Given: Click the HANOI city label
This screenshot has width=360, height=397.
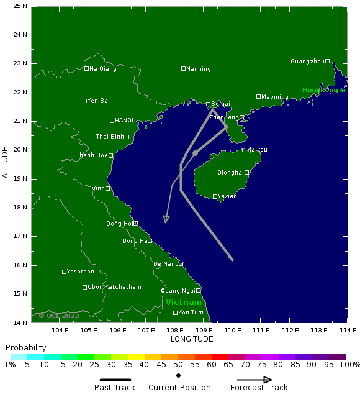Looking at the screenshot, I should [124, 121].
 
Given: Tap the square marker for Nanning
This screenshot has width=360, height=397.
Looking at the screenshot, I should [183, 69].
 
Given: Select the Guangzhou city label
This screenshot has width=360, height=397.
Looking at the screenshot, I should [307, 62].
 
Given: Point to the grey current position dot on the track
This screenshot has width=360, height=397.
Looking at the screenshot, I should [195, 153].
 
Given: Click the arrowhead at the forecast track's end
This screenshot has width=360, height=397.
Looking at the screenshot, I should [166, 219].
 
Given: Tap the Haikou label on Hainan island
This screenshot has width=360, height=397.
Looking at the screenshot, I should [257, 150].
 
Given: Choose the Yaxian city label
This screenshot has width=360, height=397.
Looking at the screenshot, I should [227, 196].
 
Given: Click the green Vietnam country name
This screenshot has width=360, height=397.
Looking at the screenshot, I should [183, 303].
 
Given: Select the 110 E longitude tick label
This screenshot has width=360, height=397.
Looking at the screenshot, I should [232, 331].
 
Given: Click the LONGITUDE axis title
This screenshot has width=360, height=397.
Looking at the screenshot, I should [192, 339].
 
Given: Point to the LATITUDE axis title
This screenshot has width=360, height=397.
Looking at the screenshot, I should [6, 164].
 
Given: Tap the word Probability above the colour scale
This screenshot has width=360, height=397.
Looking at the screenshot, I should [25, 347].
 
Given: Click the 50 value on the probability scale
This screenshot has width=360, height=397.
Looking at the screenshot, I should [178, 365].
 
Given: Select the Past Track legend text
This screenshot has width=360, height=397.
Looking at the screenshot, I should [115, 388].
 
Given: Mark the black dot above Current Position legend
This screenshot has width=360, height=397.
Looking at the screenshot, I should [178, 376].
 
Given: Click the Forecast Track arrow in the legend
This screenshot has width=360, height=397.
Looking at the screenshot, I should [259, 380].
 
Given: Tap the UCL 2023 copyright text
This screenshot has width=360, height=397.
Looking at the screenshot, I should [59, 316].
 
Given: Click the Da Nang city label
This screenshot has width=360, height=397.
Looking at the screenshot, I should [165, 264].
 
